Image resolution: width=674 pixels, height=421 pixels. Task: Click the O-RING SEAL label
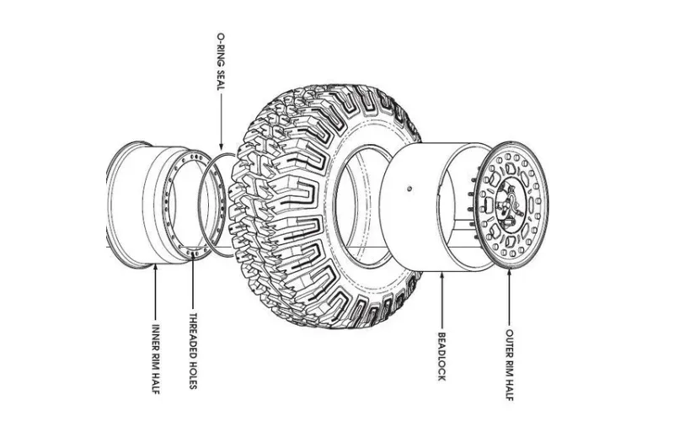(x=220, y=61)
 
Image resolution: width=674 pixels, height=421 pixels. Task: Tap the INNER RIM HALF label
(x=156, y=359)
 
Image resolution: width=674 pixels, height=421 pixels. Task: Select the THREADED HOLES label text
(x=193, y=351)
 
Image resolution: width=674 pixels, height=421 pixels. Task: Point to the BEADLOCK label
(x=441, y=356)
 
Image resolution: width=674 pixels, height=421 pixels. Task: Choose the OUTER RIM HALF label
(x=510, y=365)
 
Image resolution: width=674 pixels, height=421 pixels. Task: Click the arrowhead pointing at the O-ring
(x=221, y=147)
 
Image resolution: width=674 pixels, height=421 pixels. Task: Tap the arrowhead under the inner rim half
(x=156, y=268)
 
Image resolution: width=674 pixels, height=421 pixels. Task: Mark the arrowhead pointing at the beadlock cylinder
(x=441, y=275)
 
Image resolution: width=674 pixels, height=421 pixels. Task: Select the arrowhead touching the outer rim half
(x=510, y=272)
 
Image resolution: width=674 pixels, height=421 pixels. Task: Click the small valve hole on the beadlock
(x=409, y=188)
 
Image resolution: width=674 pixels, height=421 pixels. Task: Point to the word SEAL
(x=220, y=80)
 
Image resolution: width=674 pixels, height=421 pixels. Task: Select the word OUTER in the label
(x=510, y=342)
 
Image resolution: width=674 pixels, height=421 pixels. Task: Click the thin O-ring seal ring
(x=200, y=202)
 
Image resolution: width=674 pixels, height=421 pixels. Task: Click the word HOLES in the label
(x=193, y=375)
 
